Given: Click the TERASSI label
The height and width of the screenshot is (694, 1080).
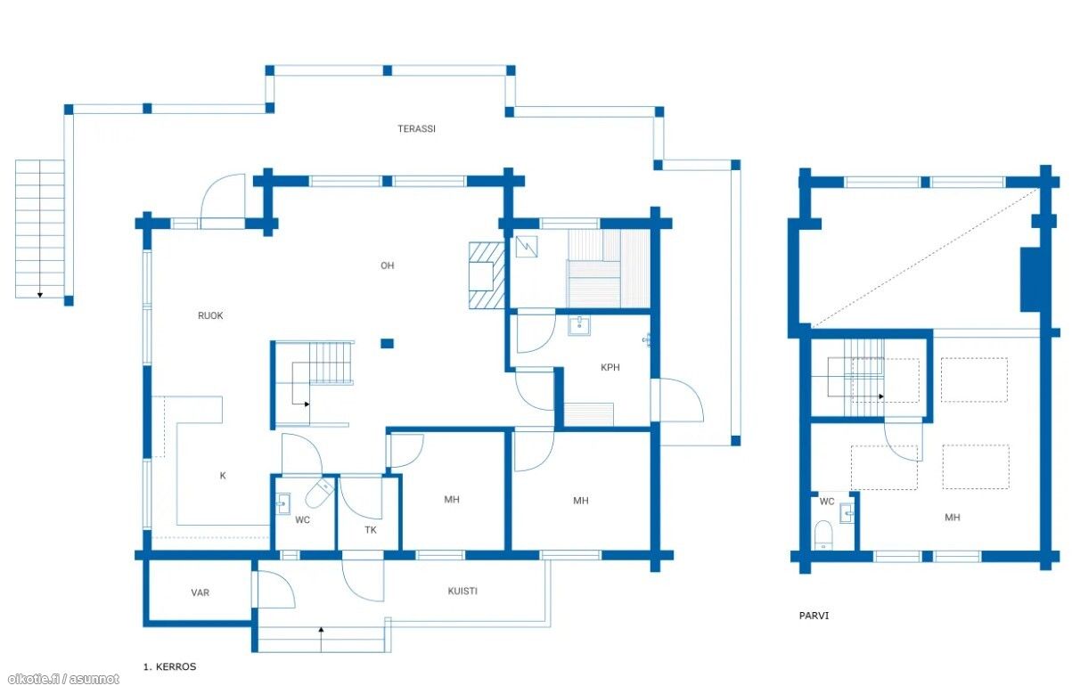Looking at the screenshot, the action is point(416,128).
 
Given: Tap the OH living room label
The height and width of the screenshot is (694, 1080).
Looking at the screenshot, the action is point(387,265).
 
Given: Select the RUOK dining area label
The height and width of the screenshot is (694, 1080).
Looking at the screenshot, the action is point(210,315).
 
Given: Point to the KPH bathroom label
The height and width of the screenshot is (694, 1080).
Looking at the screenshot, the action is point(610,367).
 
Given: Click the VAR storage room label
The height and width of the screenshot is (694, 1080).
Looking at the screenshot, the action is point(200,592).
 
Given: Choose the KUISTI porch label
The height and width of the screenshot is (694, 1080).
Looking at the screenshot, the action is point(462,591).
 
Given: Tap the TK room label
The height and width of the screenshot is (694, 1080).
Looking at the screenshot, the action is point(371,530).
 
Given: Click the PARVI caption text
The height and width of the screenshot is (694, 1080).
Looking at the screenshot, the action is point(814,616).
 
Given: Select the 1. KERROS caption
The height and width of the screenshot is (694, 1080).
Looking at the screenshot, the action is point(169,667).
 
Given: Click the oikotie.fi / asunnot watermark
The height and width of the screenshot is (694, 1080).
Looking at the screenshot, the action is point(63,679).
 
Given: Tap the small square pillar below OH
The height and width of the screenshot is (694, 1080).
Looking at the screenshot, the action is point(387,344).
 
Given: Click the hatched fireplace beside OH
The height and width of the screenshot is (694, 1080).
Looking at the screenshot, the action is point(487,275).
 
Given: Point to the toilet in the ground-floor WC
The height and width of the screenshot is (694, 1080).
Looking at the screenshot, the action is point(319,493).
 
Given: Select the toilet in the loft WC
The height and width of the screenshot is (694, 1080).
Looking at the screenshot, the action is point(823,535).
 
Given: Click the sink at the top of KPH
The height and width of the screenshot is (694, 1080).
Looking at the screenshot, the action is point(578,326).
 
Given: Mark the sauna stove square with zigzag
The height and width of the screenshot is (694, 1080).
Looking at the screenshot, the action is point(527,247).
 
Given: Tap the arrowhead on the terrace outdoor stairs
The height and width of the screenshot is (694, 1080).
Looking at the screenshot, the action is point(40,295).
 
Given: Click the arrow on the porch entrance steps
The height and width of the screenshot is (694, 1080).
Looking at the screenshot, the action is point(321,639).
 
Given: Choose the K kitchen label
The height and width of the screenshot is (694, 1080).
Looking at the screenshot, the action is point(223,476).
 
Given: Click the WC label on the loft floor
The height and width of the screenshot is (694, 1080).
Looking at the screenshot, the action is point(826,502).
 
